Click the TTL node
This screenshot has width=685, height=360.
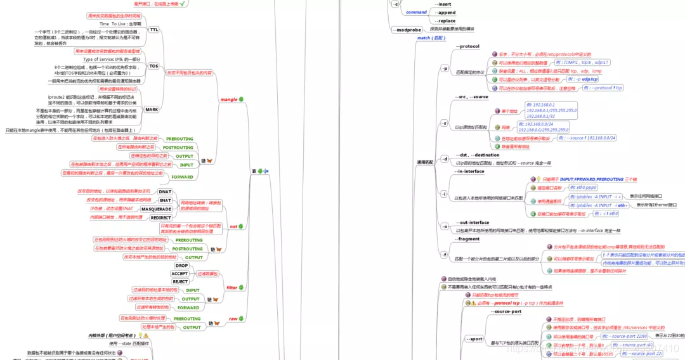coord(154,30)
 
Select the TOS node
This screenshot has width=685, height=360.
coord(154,66)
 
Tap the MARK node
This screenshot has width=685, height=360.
coord(152,109)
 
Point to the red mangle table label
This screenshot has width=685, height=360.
coord(228,100)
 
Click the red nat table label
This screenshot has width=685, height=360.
coord(233,226)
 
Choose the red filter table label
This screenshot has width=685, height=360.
coord(232,287)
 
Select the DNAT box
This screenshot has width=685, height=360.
coord(165,191)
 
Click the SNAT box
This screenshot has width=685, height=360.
coord(166,200)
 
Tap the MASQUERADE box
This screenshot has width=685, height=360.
coord(156,209)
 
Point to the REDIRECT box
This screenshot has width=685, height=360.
coord(161,217)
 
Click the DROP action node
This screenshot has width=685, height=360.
coord(181,266)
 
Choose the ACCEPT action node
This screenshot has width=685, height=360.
coord(179,274)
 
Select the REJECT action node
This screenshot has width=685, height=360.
coord(180,281)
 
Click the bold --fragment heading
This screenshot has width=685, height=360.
coord(468,239)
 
